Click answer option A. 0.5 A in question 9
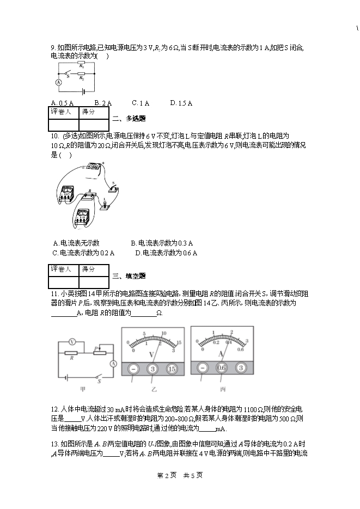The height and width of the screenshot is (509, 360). coord(62,103)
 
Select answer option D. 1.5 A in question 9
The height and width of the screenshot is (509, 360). coord(181,103)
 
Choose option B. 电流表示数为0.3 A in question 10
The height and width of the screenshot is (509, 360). coord(162,243)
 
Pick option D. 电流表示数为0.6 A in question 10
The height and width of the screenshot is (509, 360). coord(166,253)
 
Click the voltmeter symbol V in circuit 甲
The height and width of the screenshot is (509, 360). coord(72,342)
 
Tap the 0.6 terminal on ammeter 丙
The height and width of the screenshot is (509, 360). coord(222,368)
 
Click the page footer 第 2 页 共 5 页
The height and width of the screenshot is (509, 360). coord(180,475)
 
